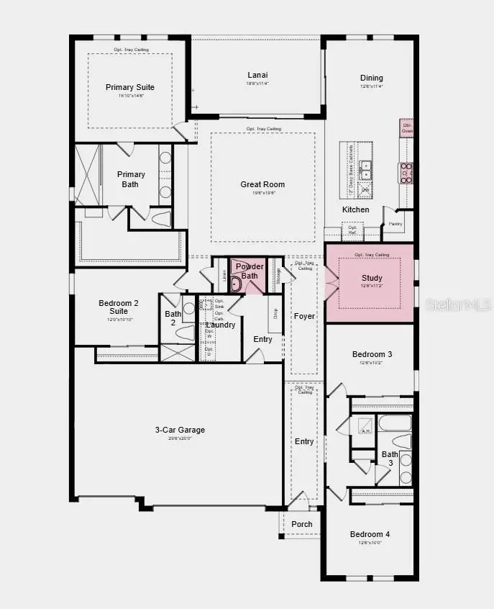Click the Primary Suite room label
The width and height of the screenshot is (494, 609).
point(130,88)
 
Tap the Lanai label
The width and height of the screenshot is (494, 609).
point(258,75)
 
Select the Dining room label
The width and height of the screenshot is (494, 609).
point(372,78)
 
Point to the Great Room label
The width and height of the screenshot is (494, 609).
point(262,185)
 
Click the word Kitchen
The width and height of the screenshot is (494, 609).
point(355,210)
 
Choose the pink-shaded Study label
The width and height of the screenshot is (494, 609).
point(372,279)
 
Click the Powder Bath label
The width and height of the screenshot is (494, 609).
point(250,271)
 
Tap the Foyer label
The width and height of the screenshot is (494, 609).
point(305,317)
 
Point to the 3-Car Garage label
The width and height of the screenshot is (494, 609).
point(180,430)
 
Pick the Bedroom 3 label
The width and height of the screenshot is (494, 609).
point(372,354)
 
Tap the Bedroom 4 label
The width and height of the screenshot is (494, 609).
point(370,534)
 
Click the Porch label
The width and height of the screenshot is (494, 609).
point(302,524)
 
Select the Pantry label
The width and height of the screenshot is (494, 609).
point(395,224)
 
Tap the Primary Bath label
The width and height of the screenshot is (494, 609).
point(131,179)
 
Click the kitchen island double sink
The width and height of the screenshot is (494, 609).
point(366,170)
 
